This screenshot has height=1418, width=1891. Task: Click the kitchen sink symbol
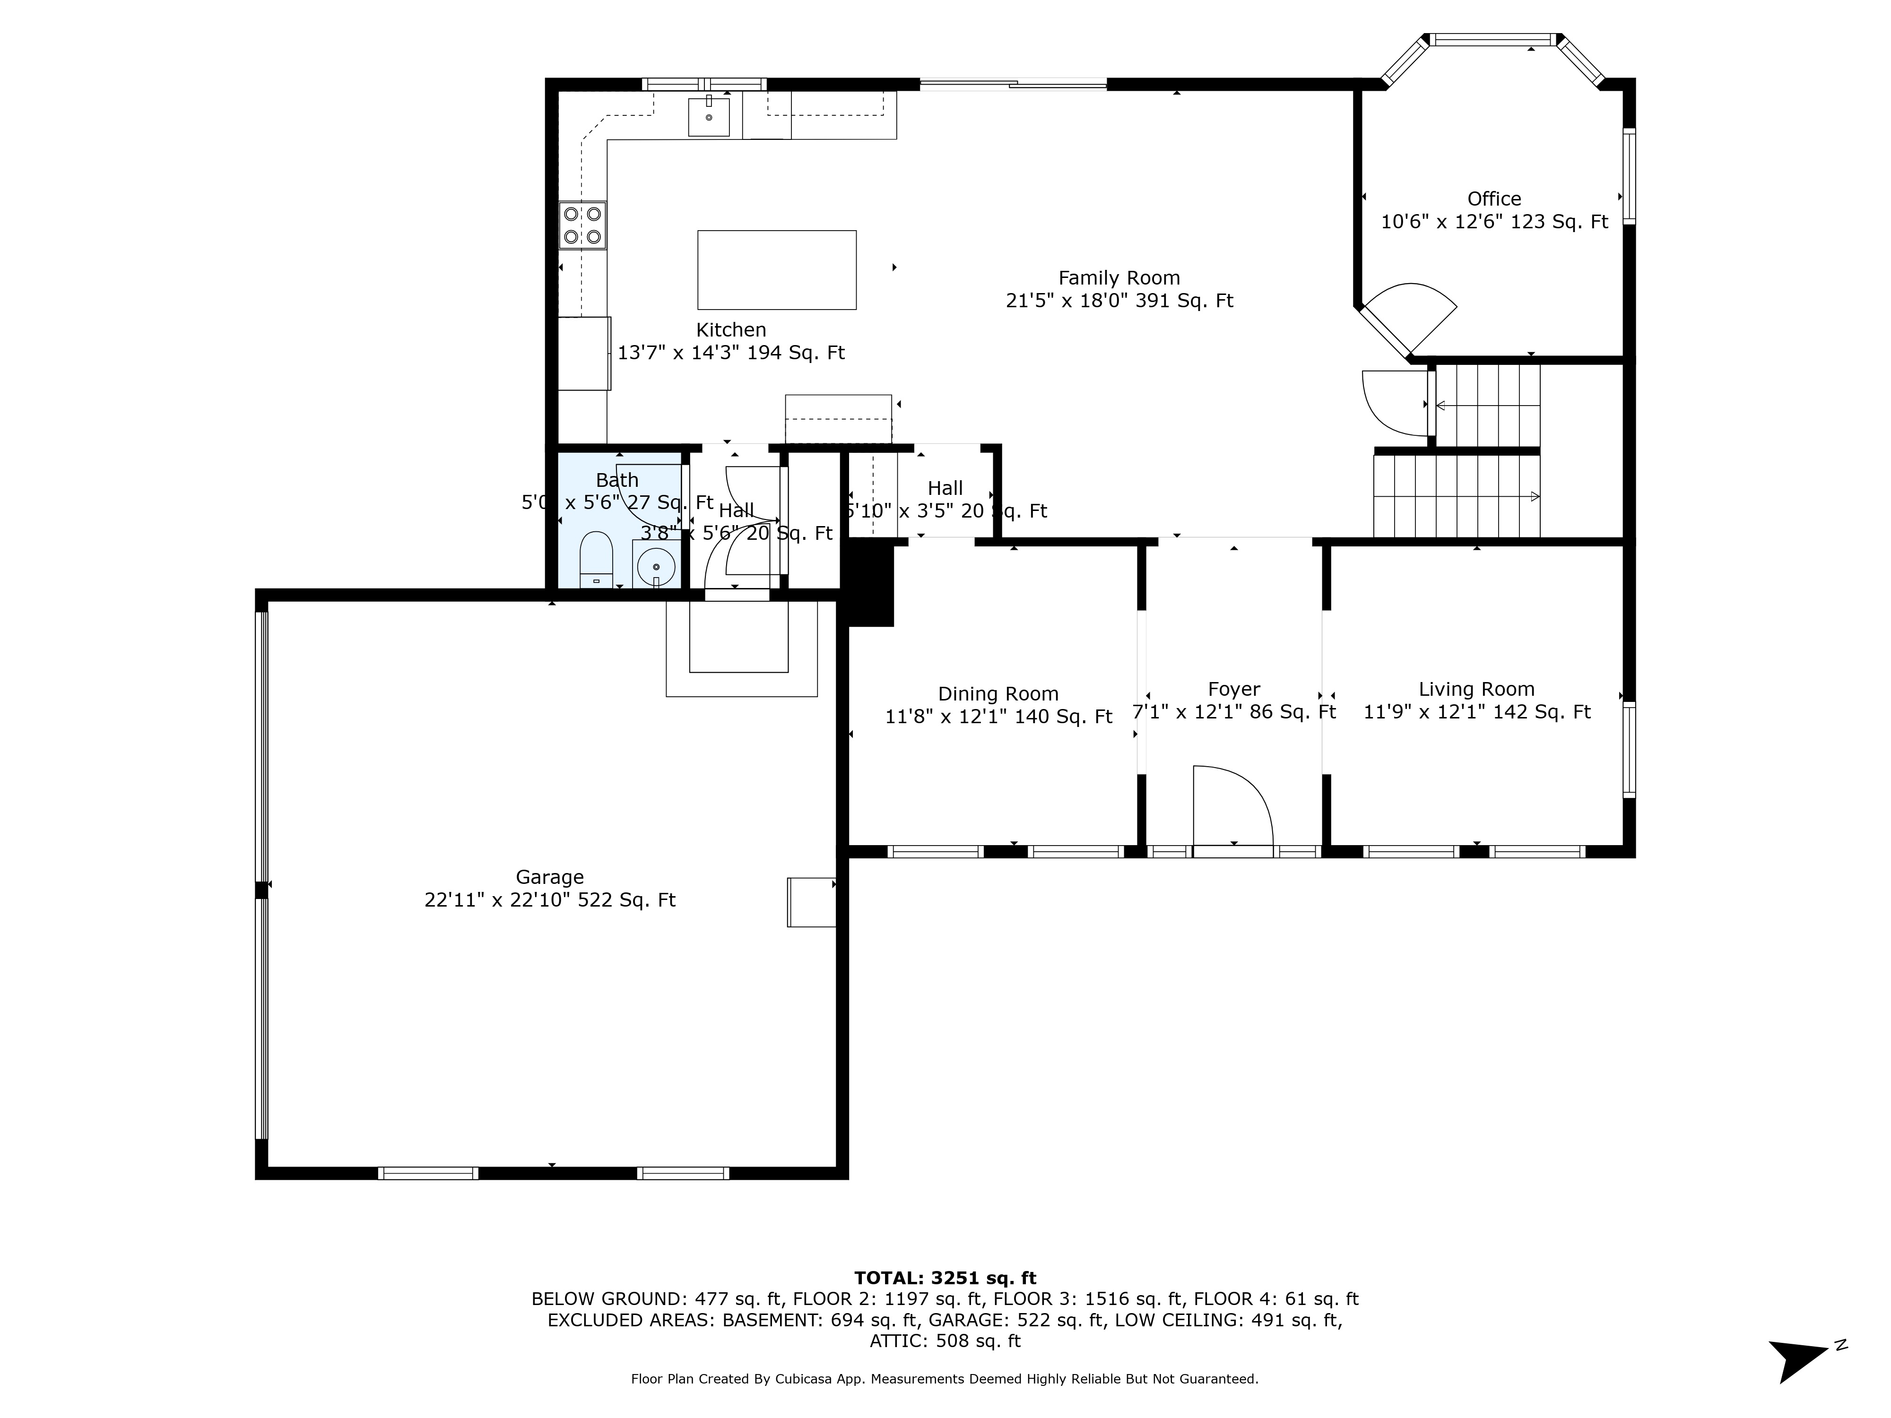coord(709,117)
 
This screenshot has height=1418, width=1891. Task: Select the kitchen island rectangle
coord(776,269)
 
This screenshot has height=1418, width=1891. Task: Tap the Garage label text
coord(550,877)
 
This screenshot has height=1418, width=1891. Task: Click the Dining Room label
coord(998,694)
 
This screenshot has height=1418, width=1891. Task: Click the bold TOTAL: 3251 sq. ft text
coord(945,1278)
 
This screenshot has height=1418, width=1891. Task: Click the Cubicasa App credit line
coord(945,1379)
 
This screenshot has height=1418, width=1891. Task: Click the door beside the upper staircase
coord(1394,402)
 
